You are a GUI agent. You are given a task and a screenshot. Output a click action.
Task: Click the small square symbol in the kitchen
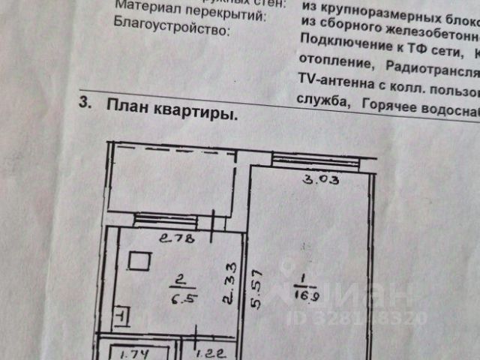pos(139,261)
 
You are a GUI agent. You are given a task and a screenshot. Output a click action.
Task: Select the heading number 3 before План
pos(85,104)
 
